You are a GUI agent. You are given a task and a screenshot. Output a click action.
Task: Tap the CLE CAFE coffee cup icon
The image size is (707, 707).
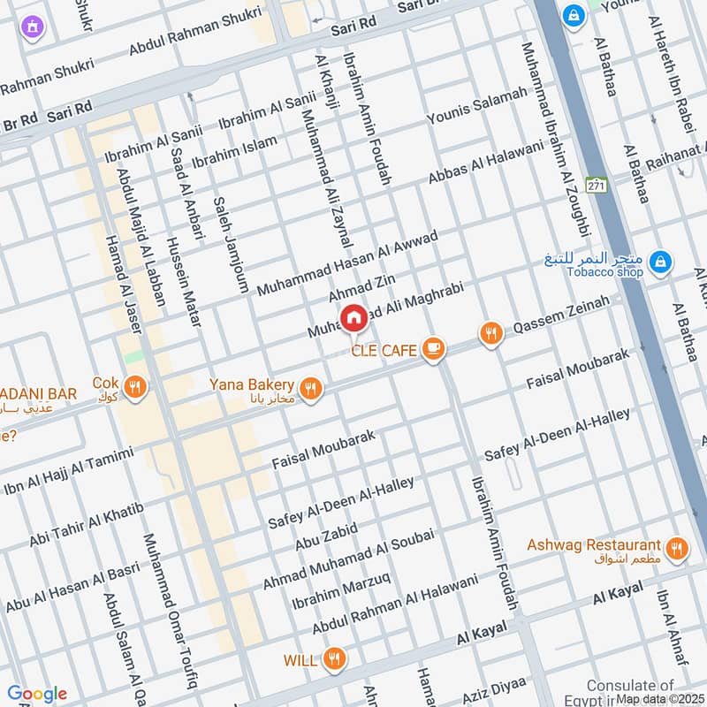pyautogui.click(x=432, y=349)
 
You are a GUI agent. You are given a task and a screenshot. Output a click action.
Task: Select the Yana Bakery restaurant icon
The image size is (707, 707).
pyautogui.click(x=310, y=388)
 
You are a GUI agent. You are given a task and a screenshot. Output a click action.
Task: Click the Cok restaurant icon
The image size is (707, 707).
pyautogui.click(x=134, y=387)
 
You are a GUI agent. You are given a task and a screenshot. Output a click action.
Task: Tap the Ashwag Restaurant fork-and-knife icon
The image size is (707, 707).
pyautogui.click(x=677, y=549)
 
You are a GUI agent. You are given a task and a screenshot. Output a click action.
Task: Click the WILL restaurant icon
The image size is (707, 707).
pyautogui.click(x=333, y=658)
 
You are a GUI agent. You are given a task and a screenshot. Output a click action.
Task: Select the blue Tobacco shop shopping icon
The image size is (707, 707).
pyautogui.click(x=659, y=262)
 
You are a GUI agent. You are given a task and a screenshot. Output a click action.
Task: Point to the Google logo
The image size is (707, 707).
pyautogui.click(x=36, y=693)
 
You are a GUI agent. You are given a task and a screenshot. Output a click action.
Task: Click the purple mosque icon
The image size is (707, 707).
pyautogui.click(x=34, y=28)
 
